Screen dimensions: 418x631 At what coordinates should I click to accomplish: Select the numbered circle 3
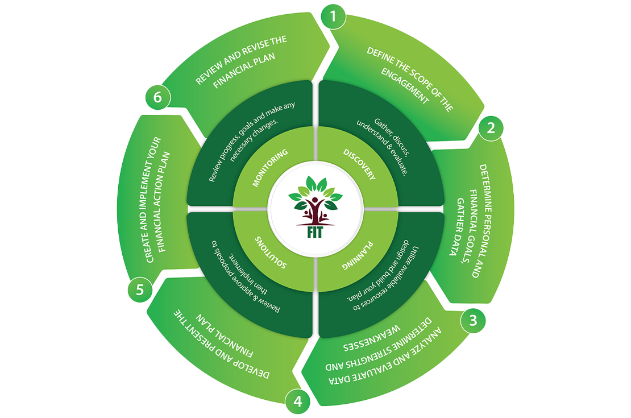click(472, 320)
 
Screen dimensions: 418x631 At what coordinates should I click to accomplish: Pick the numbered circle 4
click(297, 402)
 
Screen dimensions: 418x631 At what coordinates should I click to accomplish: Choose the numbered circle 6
click(157, 98)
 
